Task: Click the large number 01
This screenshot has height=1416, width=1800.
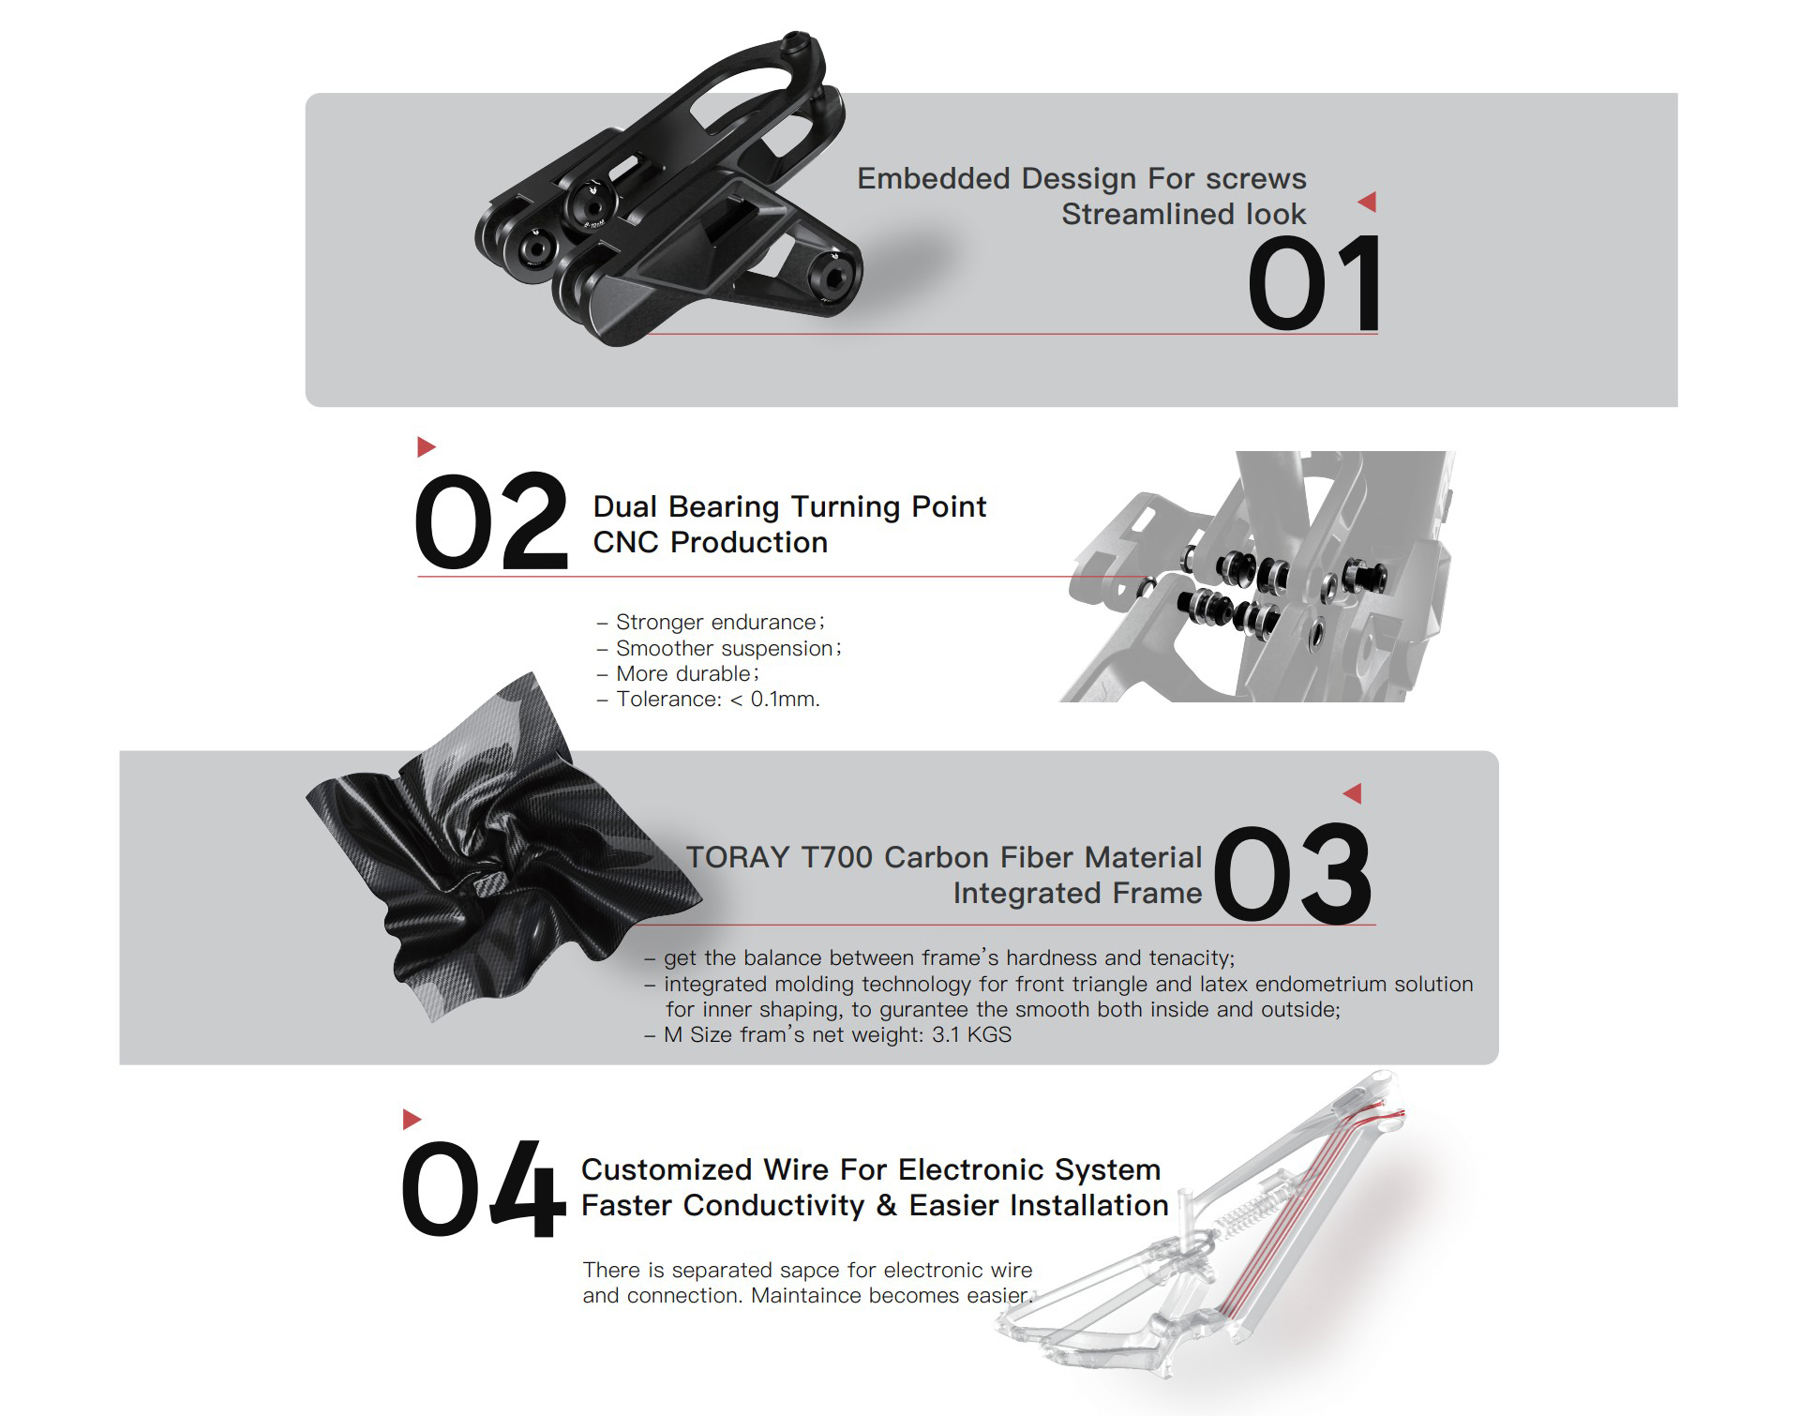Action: pyautogui.click(x=1314, y=283)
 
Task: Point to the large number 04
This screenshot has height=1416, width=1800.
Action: pyautogui.click(x=483, y=1188)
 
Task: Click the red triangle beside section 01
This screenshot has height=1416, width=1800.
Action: pyautogui.click(x=1367, y=202)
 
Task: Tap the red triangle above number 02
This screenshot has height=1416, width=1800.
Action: pyautogui.click(x=427, y=446)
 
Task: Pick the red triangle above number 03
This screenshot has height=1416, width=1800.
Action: pyautogui.click(x=1352, y=793)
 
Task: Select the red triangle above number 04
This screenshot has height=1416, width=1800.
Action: pyautogui.click(x=412, y=1119)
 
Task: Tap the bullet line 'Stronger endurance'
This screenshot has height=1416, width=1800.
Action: pyautogui.click(x=712, y=623)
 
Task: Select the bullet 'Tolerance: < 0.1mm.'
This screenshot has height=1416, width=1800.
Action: pyautogui.click(x=709, y=700)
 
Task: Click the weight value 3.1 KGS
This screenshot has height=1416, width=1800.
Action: pyautogui.click(x=972, y=1035)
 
